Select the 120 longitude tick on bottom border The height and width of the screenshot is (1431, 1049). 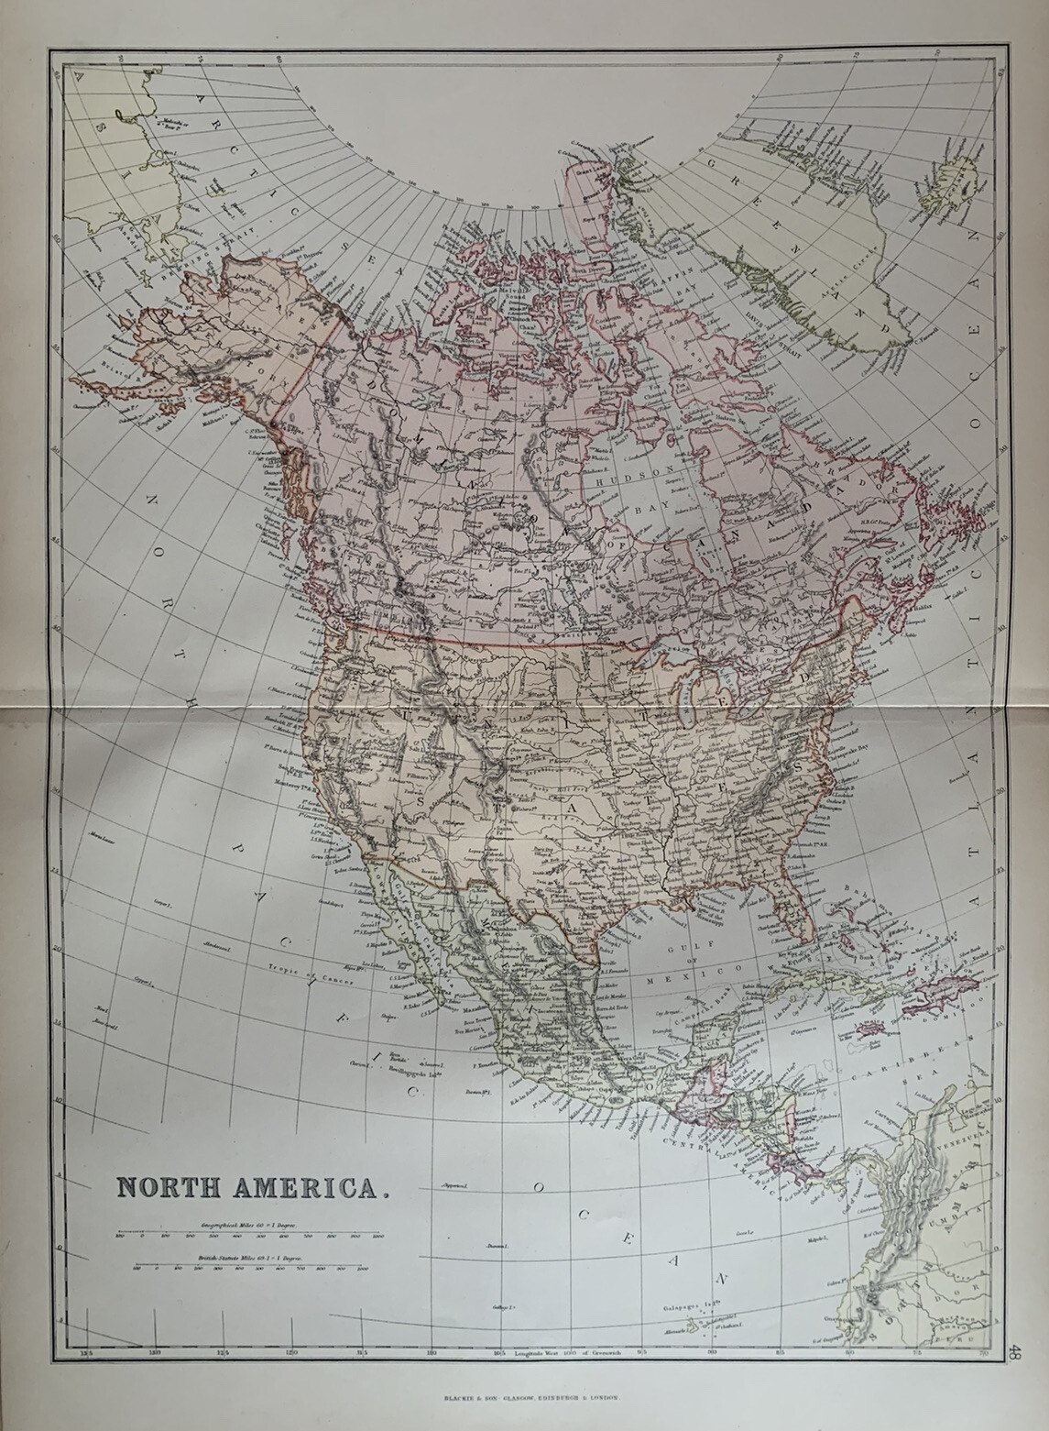[x=291, y=1352]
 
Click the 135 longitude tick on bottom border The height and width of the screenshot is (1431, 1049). [x=88, y=1352]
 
